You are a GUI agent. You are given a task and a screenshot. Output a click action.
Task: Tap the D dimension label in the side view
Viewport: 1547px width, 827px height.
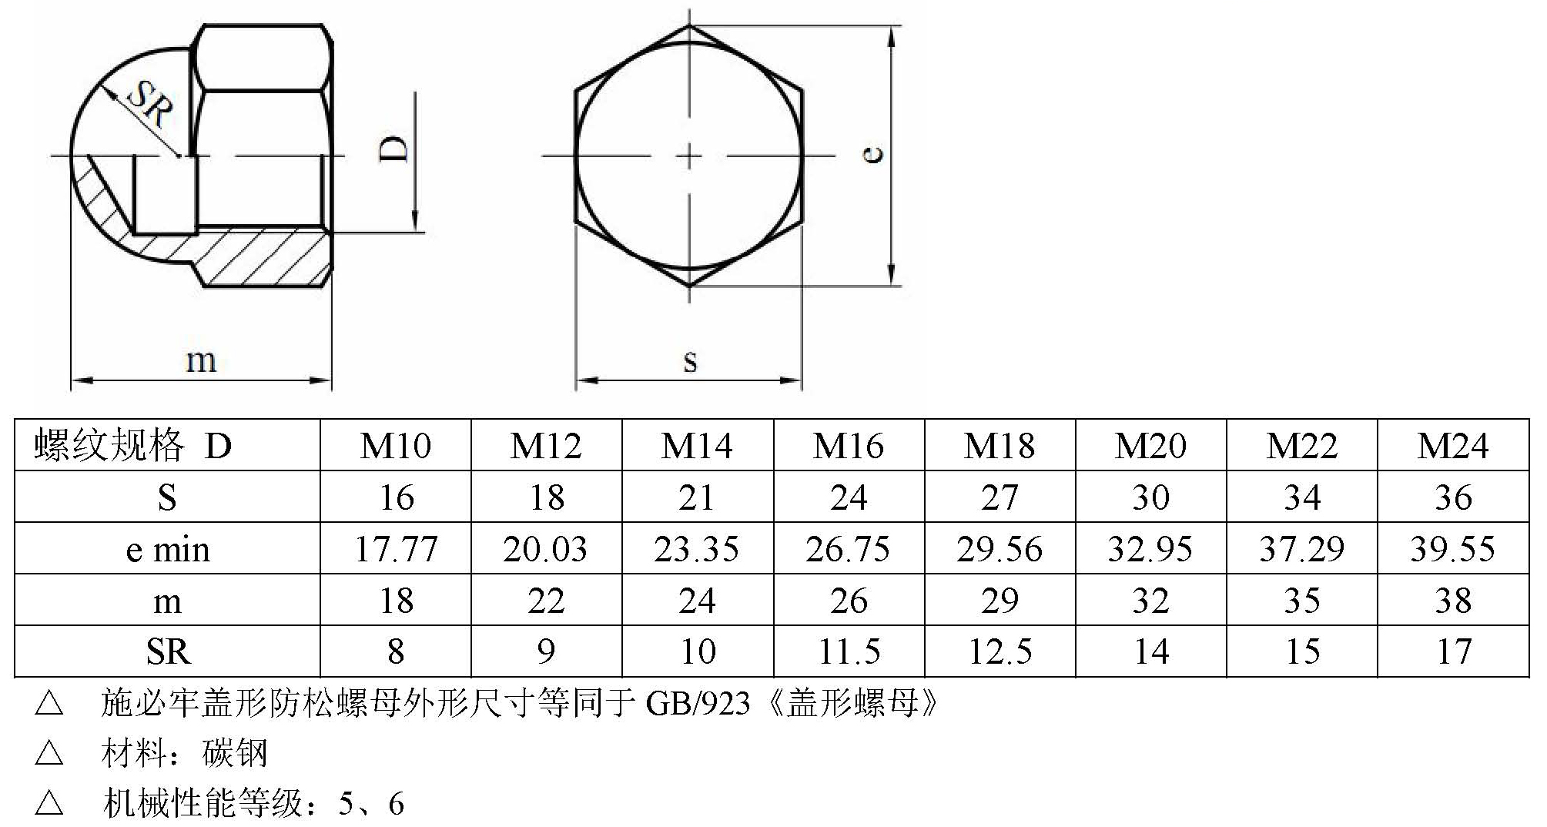pos(393,149)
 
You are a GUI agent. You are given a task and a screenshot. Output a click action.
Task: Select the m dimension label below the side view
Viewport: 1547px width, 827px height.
pos(201,360)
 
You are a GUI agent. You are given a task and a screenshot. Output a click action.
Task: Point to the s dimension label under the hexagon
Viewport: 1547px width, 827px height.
pos(690,360)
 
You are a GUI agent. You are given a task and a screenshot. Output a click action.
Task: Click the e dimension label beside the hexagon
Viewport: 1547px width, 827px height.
pos(873,155)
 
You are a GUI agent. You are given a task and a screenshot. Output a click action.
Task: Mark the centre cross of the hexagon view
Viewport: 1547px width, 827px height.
pos(690,156)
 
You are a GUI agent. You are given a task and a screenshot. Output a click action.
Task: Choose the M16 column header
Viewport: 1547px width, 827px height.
pos(848,446)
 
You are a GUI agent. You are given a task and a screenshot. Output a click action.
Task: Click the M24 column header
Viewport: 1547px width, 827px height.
pos(1453,446)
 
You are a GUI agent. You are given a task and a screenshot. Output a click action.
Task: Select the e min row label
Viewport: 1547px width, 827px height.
pos(167,549)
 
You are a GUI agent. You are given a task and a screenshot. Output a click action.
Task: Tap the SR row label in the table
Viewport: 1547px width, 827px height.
pos(167,652)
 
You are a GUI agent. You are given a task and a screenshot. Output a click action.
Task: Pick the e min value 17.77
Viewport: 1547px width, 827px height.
pos(396,549)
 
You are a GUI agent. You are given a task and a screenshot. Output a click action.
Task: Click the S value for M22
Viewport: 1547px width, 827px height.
pos(1302,497)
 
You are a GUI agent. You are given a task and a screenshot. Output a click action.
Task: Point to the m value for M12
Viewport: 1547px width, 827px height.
pos(546,601)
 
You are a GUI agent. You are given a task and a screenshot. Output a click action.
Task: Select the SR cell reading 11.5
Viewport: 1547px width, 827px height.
pos(848,652)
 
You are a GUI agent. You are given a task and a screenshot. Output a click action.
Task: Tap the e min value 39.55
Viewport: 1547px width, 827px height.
pos(1453,549)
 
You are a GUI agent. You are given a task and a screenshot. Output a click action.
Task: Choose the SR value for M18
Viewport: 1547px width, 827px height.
pos(999,652)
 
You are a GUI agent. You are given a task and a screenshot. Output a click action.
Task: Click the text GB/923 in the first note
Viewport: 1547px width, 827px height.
pos(697,703)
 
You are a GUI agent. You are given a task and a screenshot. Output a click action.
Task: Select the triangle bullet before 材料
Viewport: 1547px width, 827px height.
pos(49,752)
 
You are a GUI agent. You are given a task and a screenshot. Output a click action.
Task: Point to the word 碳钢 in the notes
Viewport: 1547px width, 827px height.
pos(235,753)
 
